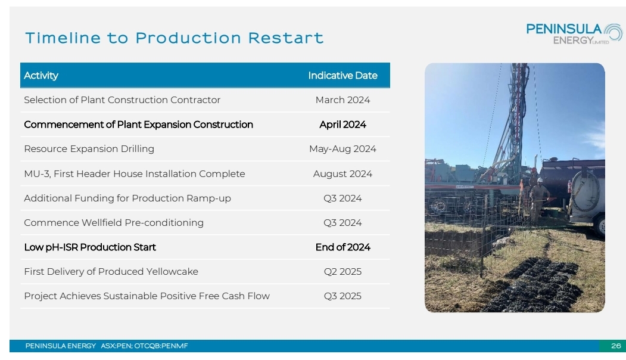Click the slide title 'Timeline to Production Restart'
[x=174, y=38]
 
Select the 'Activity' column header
[x=41, y=76]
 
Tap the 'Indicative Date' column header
[x=342, y=76]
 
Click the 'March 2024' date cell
[x=342, y=100]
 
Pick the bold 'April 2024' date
[x=342, y=125]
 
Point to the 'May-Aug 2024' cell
[x=342, y=149]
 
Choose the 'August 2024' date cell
[x=342, y=174]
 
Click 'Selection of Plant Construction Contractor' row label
[x=122, y=100]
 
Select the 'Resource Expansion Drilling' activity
[x=89, y=149]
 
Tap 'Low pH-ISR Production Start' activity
[x=90, y=247]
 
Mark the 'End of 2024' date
[x=342, y=247]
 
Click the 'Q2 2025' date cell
[x=342, y=272]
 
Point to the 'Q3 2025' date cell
[x=342, y=296]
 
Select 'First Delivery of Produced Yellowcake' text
[x=111, y=272]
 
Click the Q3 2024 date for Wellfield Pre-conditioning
[x=342, y=222]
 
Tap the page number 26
[x=616, y=346]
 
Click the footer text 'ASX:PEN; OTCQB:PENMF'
[x=144, y=346]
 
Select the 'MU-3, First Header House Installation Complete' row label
[x=135, y=174]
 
